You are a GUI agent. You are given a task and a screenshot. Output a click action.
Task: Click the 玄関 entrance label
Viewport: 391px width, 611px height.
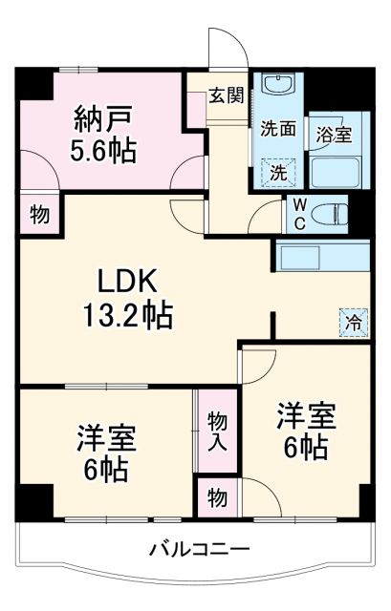click(226, 95)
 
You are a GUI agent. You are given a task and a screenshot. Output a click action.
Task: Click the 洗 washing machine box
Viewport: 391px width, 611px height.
click(278, 173)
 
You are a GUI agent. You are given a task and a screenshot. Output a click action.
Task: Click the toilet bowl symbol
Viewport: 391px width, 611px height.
click(331, 213)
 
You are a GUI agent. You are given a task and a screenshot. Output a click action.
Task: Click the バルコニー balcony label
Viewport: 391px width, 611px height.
click(200, 550)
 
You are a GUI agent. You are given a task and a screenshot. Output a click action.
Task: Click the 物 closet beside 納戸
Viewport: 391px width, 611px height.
click(39, 214)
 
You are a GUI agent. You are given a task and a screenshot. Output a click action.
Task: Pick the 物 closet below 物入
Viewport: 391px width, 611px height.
click(218, 496)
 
